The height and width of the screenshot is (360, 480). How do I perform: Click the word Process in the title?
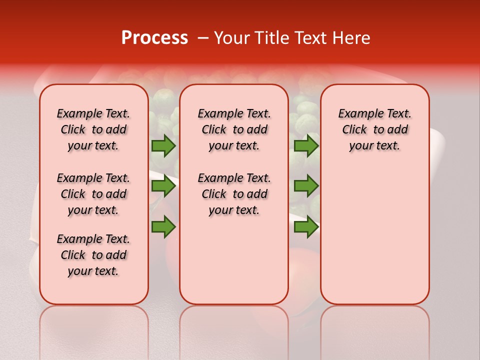click(x=154, y=38)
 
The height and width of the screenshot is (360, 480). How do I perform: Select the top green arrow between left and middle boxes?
click(x=163, y=145)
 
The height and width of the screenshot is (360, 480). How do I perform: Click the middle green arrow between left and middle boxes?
click(x=163, y=186)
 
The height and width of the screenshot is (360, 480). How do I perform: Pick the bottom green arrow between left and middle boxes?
click(x=163, y=226)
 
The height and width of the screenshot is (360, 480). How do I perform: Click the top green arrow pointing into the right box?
click(x=306, y=145)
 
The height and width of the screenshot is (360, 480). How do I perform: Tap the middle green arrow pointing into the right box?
click(x=306, y=186)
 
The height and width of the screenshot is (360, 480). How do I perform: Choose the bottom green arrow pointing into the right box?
click(x=306, y=226)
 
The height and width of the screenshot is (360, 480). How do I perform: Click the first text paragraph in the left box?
click(x=93, y=129)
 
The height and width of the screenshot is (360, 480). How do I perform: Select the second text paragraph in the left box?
click(x=93, y=194)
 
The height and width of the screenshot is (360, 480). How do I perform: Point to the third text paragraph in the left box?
click(x=93, y=255)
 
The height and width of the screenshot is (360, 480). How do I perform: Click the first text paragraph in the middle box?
click(x=234, y=129)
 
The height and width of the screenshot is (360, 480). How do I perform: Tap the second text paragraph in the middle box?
click(x=234, y=194)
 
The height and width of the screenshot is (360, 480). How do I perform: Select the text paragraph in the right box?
click(x=374, y=129)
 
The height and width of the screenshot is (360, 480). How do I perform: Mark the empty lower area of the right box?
click(x=374, y=235)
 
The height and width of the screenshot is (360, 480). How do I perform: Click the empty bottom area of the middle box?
click(x=234, y=265)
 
